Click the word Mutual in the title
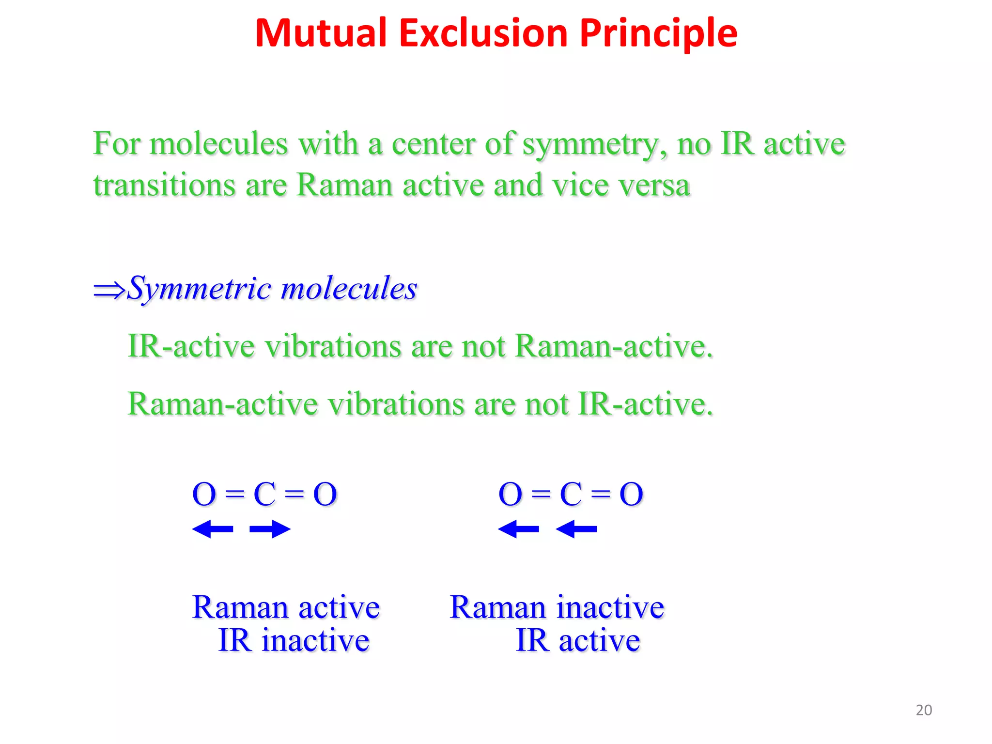320,33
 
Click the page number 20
924,710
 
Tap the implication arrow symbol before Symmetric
109,290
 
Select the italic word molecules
349,288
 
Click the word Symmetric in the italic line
200,289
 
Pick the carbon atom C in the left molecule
264,495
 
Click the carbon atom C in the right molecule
571,495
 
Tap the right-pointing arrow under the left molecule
270,529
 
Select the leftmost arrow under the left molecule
213,529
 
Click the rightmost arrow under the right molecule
576,529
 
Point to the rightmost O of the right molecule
631,495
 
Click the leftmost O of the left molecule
204,495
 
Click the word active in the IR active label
599,641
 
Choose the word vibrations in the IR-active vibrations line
333,347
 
